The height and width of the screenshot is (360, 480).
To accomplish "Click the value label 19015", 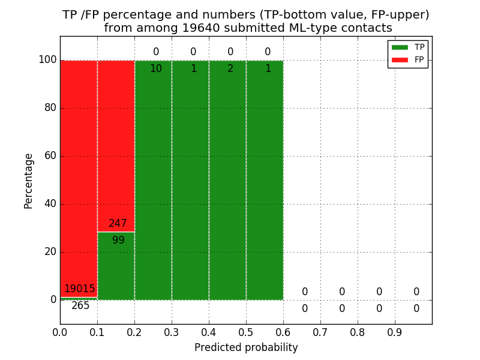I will (80, 289).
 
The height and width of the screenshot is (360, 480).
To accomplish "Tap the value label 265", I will (80, 306).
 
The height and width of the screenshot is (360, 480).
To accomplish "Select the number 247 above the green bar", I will (118, 224).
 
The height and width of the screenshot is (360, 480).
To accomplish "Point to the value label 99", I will (118, 241).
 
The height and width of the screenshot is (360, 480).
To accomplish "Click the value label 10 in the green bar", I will (155, 69).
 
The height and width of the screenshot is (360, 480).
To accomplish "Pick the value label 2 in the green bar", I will (230, 69).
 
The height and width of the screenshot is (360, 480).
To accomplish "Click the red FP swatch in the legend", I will (400, 59).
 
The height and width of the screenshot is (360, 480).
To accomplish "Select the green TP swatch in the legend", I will (400, 47).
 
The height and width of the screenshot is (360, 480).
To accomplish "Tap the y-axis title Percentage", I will (29, 181).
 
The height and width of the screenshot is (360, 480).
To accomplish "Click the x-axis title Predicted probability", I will (246, 347).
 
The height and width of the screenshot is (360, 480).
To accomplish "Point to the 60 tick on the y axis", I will (50, 156).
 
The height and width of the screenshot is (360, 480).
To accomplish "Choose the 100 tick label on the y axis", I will (47, 60).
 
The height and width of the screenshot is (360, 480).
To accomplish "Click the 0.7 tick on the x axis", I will (320, 331).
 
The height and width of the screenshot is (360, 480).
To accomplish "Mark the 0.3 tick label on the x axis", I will (172, 331).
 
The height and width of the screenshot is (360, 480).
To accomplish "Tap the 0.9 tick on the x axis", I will (395, 331).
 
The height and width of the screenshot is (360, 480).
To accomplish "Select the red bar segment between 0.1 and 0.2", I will (116, 144).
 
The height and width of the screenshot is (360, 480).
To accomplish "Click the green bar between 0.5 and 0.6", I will (265, 180).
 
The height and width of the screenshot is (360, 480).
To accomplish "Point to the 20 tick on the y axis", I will (50, 252).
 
